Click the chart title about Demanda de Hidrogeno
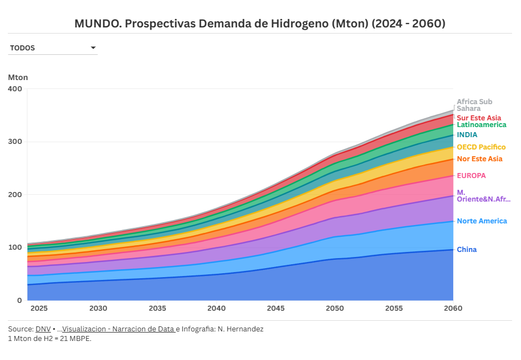260,24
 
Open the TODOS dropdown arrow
94,48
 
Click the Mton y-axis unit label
18,77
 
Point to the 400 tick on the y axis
15,89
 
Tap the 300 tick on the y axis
15,142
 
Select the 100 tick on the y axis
15,247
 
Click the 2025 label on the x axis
39,308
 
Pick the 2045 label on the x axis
276,308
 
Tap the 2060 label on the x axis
453,308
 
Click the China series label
467,250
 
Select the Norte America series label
482,221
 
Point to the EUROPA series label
471,176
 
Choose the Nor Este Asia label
480,159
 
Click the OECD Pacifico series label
481,147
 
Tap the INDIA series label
467,135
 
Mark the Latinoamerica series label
481,125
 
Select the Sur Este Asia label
479,118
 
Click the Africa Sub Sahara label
474,105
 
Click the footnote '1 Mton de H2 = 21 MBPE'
50,339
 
